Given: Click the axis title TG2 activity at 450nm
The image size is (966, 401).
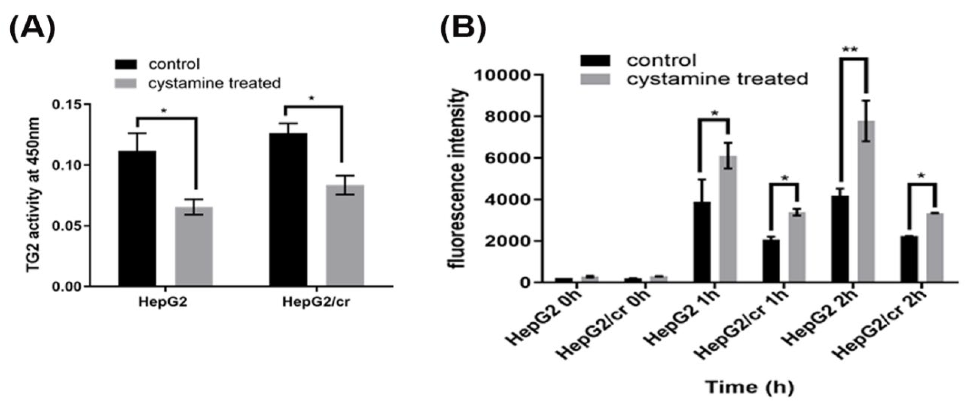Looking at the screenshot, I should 34,195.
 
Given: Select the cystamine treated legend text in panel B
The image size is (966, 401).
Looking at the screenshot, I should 717,79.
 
